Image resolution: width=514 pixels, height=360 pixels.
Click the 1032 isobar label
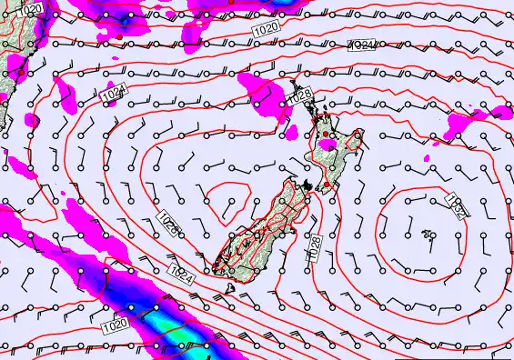457,205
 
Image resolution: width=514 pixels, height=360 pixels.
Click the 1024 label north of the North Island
362,45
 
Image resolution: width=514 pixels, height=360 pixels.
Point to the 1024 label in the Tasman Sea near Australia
113,94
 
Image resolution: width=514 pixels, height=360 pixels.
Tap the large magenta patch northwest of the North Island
265,91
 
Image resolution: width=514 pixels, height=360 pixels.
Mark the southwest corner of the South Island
215,266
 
